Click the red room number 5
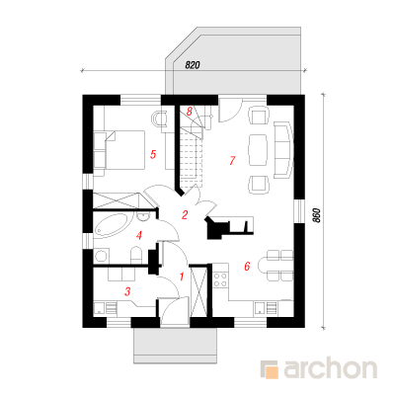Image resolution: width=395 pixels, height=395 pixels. click(x=153, y=154)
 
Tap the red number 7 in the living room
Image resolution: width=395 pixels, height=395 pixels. click(x=232, y=161)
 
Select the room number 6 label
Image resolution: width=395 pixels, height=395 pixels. click(x=247, y=266)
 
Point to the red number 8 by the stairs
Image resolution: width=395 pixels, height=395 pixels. click(x=189, y=112)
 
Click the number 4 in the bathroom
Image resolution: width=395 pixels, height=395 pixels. click(x=139, y=236)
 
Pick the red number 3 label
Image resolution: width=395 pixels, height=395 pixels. click(x=127, y=291)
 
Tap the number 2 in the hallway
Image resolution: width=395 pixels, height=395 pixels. click(x=185, y=215)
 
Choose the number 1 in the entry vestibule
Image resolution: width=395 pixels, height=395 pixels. click(x=182, y=276)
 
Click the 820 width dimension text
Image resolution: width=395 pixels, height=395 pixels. click(x=193, y=65)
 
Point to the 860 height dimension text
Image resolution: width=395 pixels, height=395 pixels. click(x=316, y=215)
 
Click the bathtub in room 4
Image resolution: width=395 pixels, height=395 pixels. click(x=112, y=225)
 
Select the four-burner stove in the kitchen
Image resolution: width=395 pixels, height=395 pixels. click(x=220, y=279)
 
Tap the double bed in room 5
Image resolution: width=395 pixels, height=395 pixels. click(x=119, y=150)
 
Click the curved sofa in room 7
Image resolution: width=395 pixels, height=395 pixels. click(x=282, y=150)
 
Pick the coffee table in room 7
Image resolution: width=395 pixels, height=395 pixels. click(x=258, y=150)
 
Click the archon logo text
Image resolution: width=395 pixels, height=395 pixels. click(x=330, y=368)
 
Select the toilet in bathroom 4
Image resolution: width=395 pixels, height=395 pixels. click(x=136, y=256)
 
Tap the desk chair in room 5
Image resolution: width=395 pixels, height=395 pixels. click(x=160, y=118)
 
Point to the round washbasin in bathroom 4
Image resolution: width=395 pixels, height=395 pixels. click(x=143, y=216)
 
